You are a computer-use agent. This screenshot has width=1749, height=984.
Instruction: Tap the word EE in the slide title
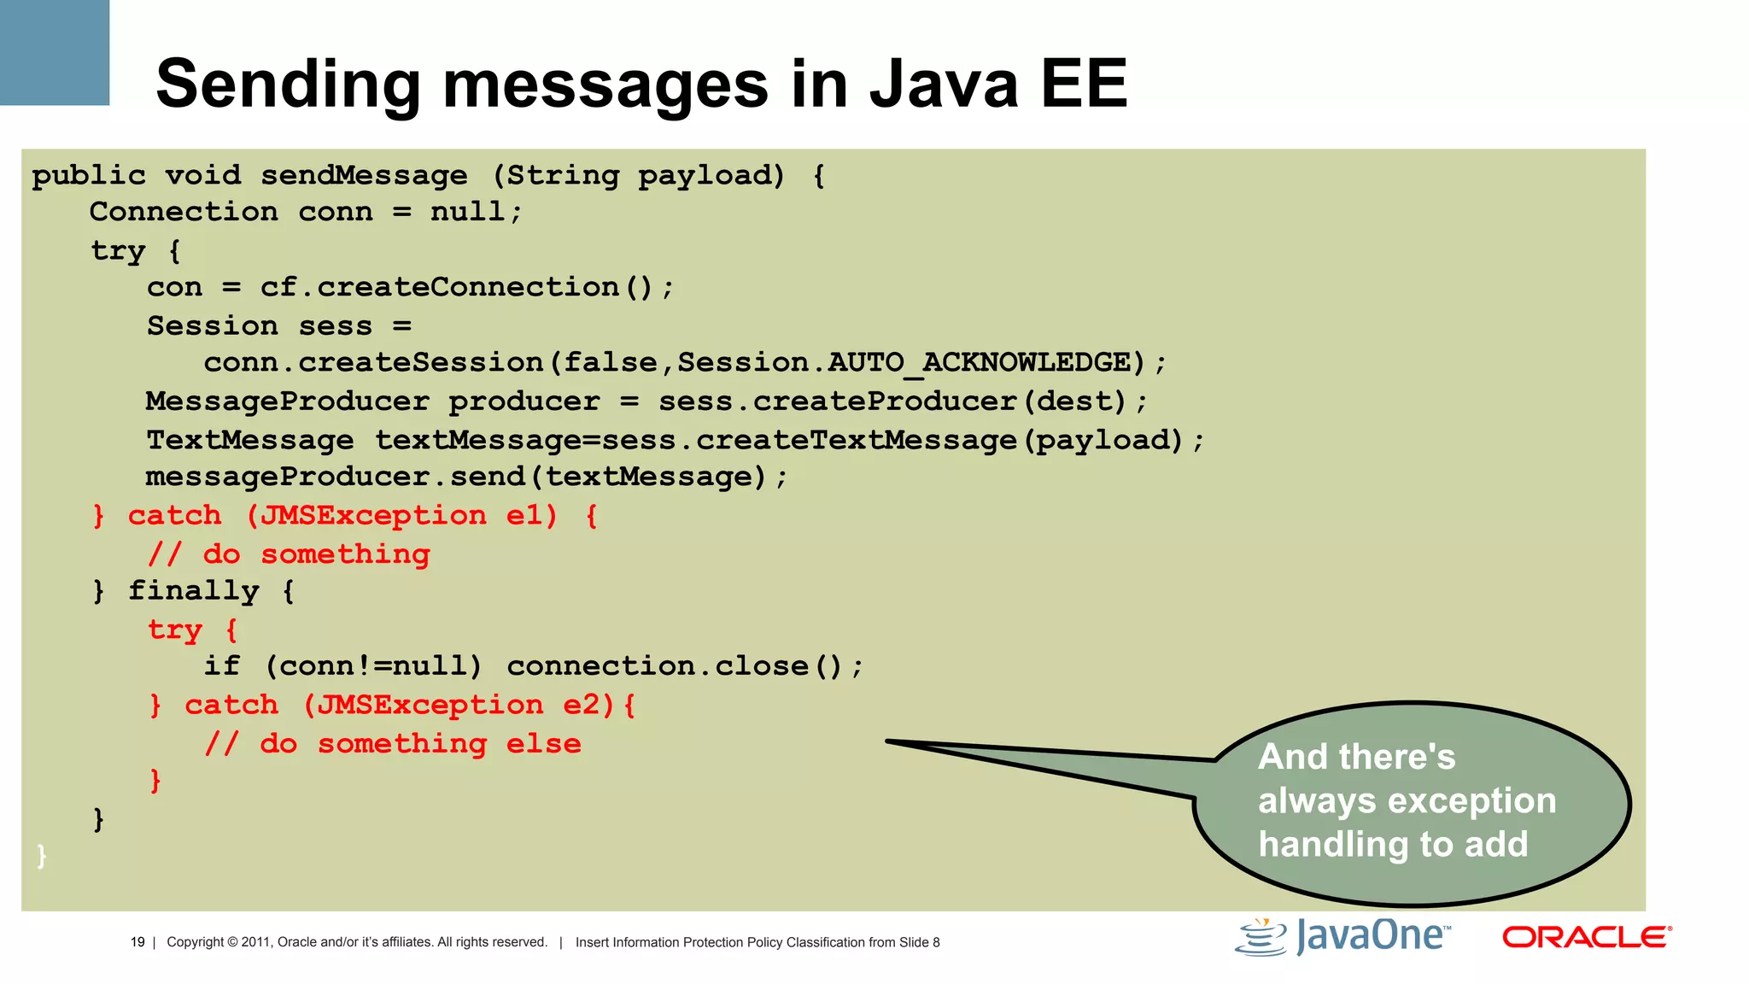click(x=1083, y=84)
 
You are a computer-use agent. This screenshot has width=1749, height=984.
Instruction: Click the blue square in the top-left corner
click(x=54, y=51)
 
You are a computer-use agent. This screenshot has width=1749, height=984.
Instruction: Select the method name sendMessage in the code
click(x=364, y=175)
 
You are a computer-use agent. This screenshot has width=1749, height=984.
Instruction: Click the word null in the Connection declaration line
click(x=468, y=212)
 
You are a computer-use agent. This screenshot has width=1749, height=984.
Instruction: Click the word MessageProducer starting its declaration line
click(x=287, y=401)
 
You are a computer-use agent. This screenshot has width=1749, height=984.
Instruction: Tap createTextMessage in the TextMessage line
click(x=856, y=440)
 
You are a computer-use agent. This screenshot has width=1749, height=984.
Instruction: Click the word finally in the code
click(x=193, y=591)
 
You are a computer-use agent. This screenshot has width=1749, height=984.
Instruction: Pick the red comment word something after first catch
click(x=345, y=554)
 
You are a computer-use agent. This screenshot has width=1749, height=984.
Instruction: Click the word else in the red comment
click(x=543, y=744)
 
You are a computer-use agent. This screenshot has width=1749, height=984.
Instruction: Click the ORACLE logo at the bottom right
click(x=1586, y=937)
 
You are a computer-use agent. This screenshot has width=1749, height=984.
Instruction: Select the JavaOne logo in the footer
click(x=1343, y=937)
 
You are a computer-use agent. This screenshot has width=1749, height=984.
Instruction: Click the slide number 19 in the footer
click(x=137, y=942)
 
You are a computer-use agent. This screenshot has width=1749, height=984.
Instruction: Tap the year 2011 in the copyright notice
click(x=255, y=942)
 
